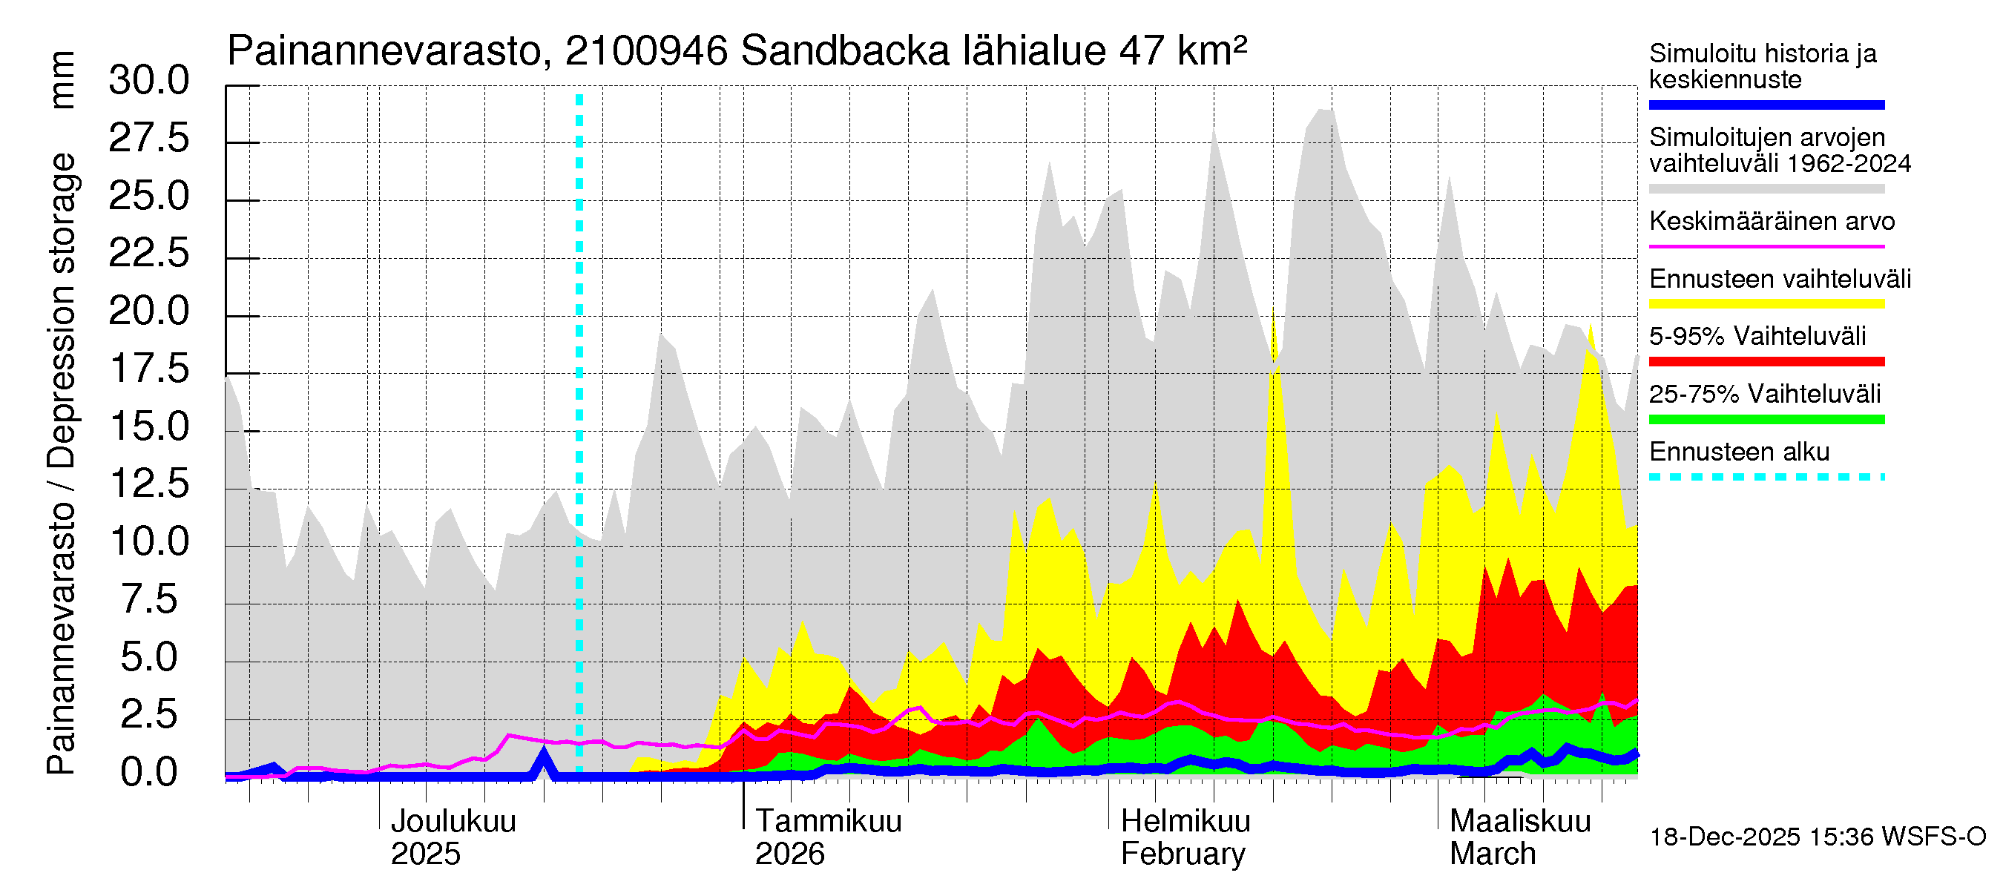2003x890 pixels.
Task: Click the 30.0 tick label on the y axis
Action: point(148,80)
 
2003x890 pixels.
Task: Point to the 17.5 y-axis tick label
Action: point(148,369)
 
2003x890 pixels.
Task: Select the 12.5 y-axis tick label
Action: point(148,484)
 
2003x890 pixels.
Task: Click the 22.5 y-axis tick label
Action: point(148,254)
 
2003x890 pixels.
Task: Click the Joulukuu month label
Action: point(453,821)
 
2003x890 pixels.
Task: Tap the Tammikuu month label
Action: point(828,821)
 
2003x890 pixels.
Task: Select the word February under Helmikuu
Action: point(1182,854)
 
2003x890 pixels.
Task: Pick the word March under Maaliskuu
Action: point(1492,854)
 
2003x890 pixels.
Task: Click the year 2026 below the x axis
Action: point(789,854)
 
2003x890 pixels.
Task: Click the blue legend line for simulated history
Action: point(1766,105)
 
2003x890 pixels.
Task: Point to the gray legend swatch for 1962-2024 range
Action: point(1766,189)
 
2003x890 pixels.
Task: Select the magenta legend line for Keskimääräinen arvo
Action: point(1766,246)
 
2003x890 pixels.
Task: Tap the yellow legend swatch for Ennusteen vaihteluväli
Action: point(1766,304)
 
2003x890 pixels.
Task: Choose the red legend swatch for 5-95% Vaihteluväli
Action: point(1766,361)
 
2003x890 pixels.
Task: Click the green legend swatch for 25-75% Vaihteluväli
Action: point(1766,420)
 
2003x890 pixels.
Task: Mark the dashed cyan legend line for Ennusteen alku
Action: point(1766,477)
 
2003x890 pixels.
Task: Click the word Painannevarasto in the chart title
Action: point(384,51)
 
